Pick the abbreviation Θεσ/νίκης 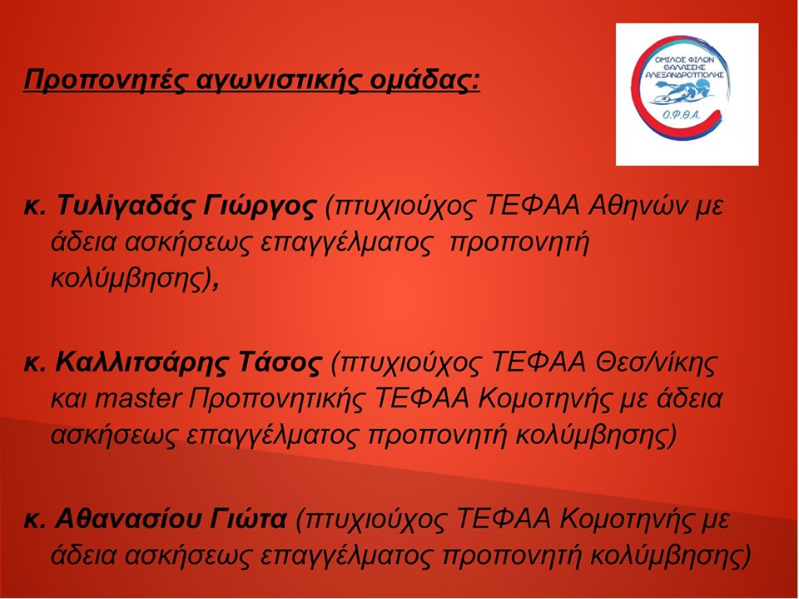[657, 362]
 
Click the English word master [137, 399]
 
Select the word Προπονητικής [277, 400]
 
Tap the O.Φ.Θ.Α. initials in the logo [682, 117]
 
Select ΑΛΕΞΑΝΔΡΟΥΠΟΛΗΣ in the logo [684, 74]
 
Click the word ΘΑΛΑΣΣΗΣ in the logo [684, 67]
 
